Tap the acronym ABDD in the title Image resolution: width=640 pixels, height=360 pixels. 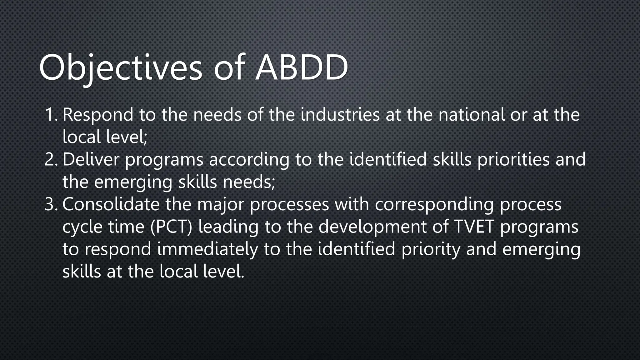(x=302, y=67)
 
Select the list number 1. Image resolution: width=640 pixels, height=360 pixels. (x=51, y=115)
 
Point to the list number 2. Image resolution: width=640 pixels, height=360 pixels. (x=51, y=159)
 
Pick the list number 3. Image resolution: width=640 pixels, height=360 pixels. (x=51, y=204)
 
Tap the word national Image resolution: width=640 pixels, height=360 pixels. (x=471, y=115)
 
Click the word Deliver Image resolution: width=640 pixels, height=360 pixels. (x=91, y=159)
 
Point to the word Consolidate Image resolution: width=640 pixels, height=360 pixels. (x=111, y=204)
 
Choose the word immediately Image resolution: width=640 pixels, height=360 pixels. (x=207, y=250)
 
